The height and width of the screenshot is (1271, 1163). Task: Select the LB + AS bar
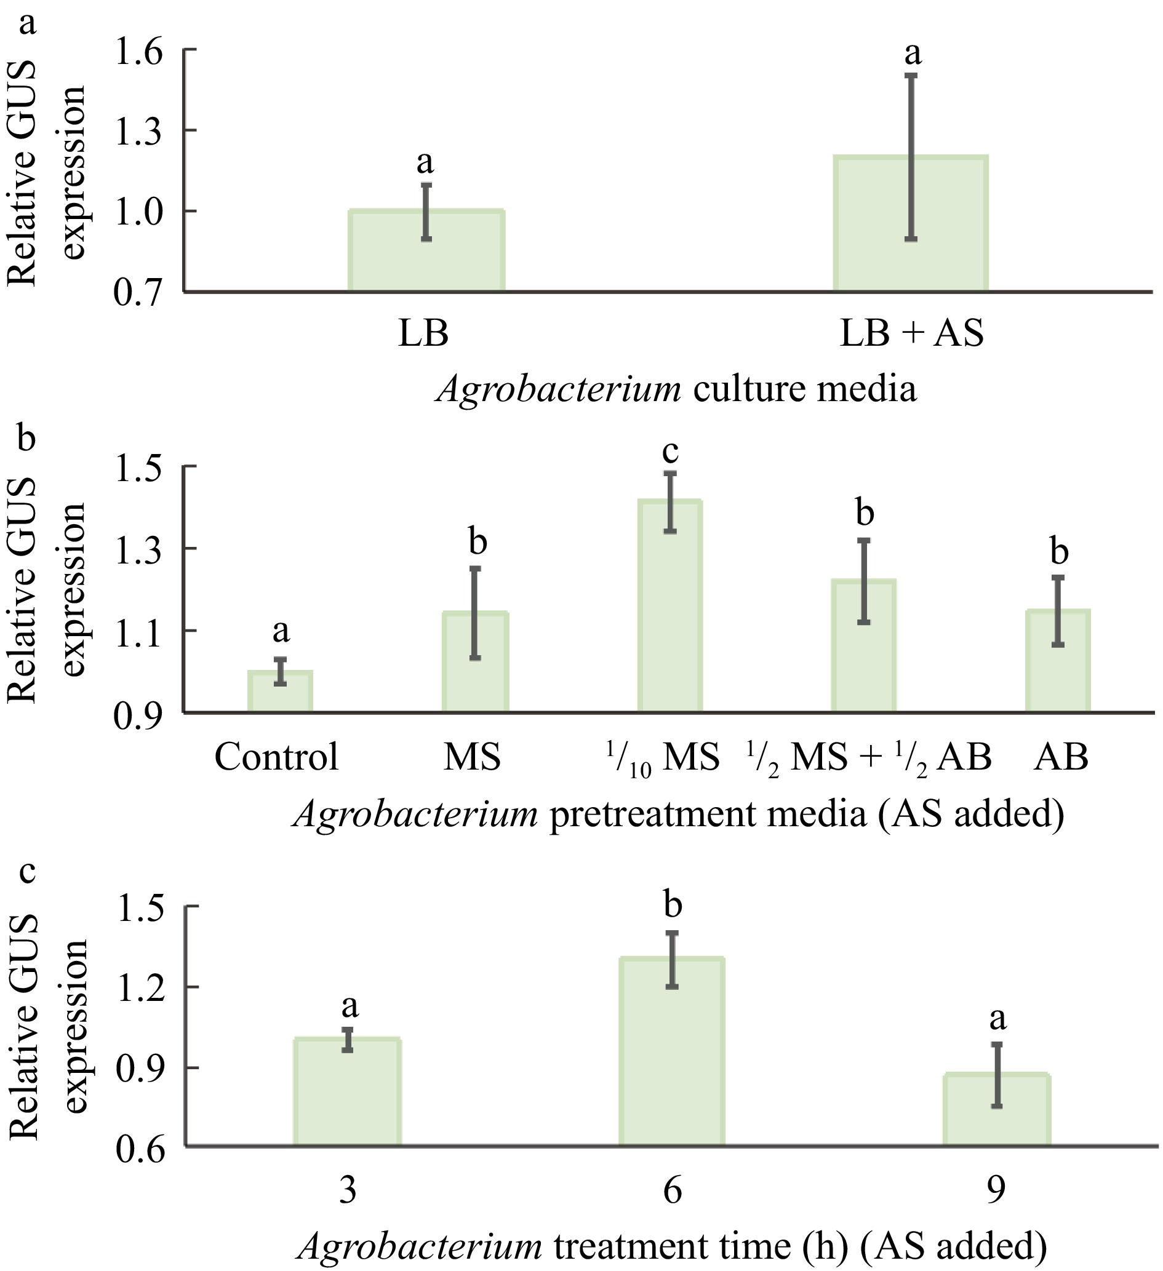(911, 224)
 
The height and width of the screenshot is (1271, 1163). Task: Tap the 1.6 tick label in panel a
(138, 50)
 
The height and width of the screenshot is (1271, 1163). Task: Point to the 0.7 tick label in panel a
(138, 293)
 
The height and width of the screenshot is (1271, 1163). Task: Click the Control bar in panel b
(280, 691)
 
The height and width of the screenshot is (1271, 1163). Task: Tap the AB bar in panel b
(1058, 661)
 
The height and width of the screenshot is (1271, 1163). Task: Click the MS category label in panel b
(472, 757)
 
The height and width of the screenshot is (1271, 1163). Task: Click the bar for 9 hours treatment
(996, 1110)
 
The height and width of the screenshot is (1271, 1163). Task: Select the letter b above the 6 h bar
(673, 906)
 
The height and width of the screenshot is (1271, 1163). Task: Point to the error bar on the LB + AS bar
(911, 157)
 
